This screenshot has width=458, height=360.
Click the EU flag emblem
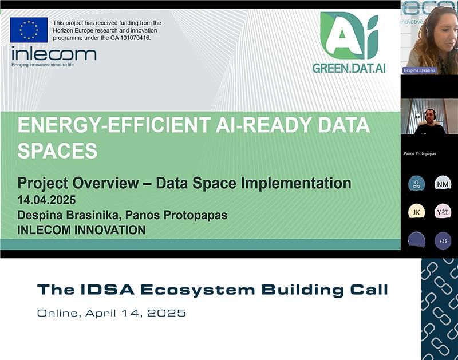click(29, 30)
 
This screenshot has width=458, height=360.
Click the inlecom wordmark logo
click(54, 54)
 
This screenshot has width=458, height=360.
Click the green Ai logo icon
click(349, 35)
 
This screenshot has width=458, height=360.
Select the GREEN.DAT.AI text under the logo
click(349, 68)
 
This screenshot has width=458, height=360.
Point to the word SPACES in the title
click(57, 151)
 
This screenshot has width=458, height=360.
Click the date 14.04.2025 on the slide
click(46, 201)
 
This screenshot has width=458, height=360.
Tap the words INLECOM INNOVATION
click(81, 230)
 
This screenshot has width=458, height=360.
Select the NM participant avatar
click(443, 184)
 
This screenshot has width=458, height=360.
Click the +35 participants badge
click(443, 241)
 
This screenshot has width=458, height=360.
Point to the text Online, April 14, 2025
click(112, 313)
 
